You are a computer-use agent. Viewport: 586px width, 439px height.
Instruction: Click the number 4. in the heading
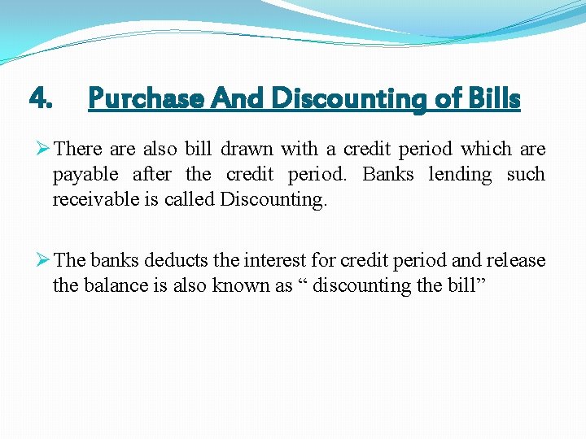pyautogui.click(x=41, y=99)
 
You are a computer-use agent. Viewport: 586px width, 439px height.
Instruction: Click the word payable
pyautogui.click(x=86, y=175)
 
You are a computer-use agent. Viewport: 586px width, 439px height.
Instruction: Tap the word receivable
pyautogui.click(x=91, y=200)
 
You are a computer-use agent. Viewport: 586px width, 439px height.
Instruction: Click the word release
pyautogui.click(x=516, y=260)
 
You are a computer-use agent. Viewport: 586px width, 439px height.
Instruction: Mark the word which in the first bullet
pyautogui.click(x=486, y=150)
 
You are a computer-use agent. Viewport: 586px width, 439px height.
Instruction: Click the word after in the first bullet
pyautogui.click(x=153, y=175)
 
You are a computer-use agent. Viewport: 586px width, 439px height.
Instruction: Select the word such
pyautogui.click(x=526, y=175)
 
